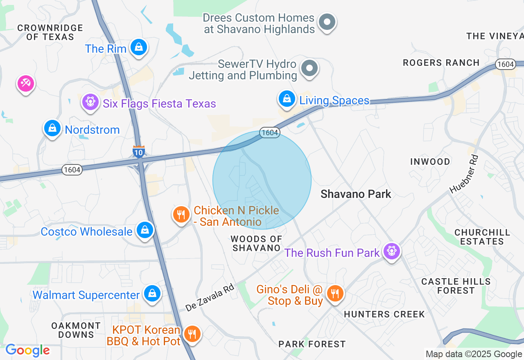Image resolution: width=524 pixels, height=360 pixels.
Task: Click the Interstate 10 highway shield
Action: coord(138,151)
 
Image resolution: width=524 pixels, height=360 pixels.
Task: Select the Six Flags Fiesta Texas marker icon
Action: coord(90,101)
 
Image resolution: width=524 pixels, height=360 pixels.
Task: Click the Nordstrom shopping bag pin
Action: coord(52,128)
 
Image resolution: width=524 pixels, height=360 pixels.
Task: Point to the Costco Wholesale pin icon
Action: coord(145,230)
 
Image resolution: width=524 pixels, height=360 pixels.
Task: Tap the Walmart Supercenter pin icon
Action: coord(152,294)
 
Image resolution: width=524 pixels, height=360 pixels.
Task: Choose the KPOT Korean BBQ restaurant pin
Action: coord(191,334)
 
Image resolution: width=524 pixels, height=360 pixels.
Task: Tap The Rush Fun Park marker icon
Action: coord(392,251)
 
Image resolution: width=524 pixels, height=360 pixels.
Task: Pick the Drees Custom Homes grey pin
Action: coord(327,22)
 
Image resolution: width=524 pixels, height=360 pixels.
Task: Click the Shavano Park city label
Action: coord(356,194)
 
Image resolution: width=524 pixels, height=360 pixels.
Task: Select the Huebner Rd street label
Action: coord(464,173)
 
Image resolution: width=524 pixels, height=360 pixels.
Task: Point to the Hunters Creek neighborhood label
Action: coord(384,314)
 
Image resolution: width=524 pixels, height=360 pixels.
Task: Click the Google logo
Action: coord(28,350)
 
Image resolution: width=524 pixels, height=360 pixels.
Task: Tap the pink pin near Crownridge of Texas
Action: coord(26,84)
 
